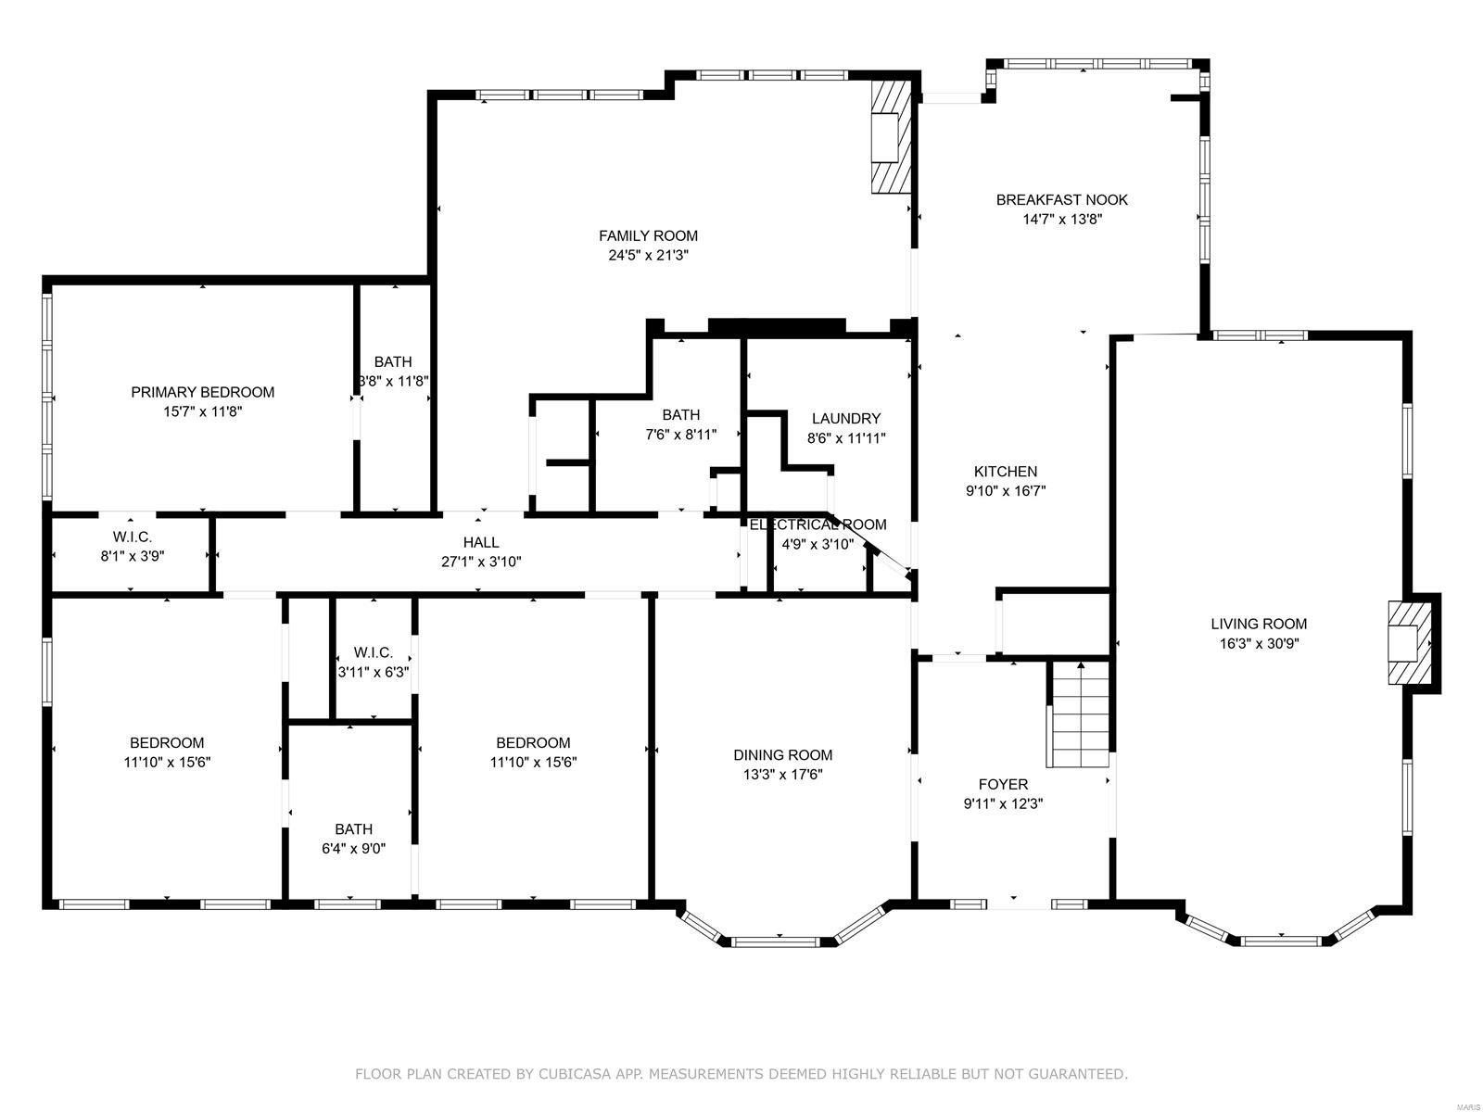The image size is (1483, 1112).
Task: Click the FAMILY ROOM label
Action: [x=647, y=235]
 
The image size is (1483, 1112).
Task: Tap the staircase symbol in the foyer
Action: [x=1079, y=714]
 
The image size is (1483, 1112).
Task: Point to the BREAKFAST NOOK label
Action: [x=1061, y=199]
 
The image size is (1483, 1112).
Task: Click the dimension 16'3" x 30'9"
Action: [x=1259, y=643]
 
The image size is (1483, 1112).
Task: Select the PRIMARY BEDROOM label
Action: [x=202, y=392]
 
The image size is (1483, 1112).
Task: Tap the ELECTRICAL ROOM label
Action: [x=818, y=524]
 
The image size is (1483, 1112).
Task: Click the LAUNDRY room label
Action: [x=845, y=418]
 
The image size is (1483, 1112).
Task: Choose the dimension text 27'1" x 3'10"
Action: [x=481, y=562]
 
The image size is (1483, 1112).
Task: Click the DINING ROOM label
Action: [x=782, y=754]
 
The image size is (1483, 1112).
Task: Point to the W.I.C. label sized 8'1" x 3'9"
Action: [x=133, y=537]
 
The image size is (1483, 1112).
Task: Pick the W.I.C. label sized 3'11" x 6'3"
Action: [x=373, y=652]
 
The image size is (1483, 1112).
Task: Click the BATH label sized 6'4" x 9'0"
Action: [x=353, y=829]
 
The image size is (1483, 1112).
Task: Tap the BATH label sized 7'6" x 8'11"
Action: [x=680, y=414]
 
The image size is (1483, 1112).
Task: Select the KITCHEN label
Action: [x=1005, y=472]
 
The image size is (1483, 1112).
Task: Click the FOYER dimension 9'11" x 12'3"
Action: [x=1003, y=804]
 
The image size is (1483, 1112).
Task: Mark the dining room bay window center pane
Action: [x=776, y=942]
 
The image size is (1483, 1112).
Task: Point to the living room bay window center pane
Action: [x=1281, y=941]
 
